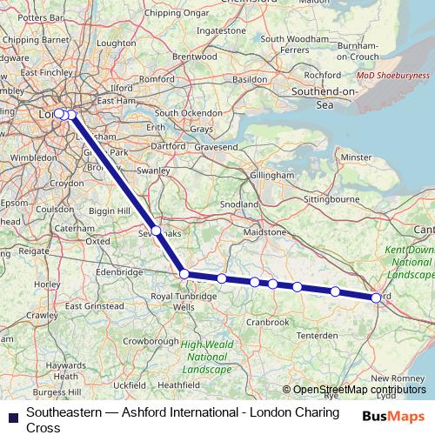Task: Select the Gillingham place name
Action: (271, 175)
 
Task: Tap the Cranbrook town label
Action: (267, 322)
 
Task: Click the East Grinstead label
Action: (86, 306)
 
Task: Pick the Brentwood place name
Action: (194, 56)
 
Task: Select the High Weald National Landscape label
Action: (206, 357)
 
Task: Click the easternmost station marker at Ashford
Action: (376, 298)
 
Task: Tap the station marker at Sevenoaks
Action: (157, 231)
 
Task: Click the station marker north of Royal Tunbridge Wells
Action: (184, 274)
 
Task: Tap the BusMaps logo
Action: (393, 417)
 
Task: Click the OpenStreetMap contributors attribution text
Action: (359, 390)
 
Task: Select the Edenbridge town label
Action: (119, 272)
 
